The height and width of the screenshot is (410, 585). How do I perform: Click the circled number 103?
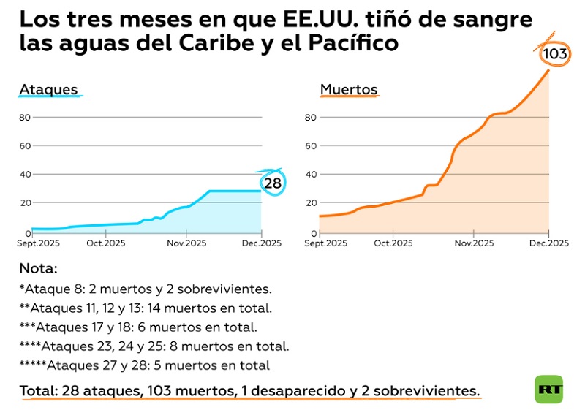(x=556, y=53)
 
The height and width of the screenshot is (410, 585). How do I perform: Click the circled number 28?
(x=273, y=183)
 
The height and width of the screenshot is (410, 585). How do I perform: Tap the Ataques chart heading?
(x=48, y=90)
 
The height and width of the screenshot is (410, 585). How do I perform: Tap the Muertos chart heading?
(x=349, y=90)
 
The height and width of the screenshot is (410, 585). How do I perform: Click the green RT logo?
(x=548, y=390)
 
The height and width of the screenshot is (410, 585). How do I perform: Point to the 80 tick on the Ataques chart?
(x=24, y=117)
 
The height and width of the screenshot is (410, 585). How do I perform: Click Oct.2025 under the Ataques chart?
(x=107, y=243)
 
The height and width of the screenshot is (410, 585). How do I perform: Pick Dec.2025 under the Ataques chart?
(x=261, y=243)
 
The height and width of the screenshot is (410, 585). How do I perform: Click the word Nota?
(x=38, y=268)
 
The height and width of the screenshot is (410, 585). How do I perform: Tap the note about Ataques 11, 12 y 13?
(x=146, y=308)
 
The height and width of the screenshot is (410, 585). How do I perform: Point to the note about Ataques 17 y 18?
(x=138, y=327)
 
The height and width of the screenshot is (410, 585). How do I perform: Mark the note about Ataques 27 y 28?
(x=145, y=365)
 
